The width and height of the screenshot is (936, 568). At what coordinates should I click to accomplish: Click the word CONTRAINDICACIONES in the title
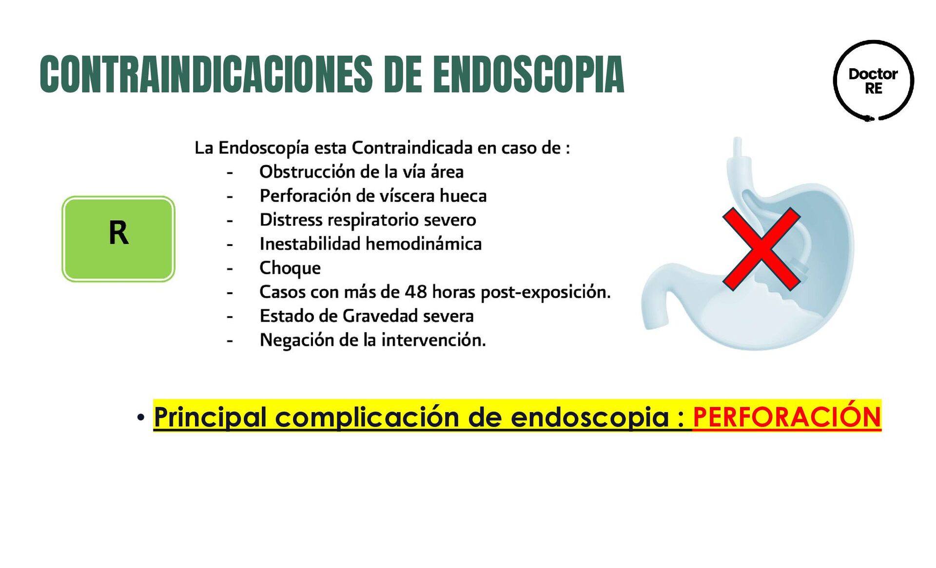coord(206,74)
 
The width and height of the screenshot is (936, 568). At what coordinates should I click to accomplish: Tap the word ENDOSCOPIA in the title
coord(528,74)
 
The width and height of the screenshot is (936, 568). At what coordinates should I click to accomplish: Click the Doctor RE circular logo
coord(873,80)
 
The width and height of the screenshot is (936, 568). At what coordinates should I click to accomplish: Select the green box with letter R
coord(118,239)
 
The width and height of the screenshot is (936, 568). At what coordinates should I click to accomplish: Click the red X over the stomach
coord(761,249)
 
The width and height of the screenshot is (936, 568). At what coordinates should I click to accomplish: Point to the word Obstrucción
coord(307,172)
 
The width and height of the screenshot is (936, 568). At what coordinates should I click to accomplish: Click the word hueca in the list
coord(463,196)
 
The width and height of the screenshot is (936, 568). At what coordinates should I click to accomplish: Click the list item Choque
coord(290,268)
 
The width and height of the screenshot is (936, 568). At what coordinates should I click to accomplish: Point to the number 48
coord(416,292)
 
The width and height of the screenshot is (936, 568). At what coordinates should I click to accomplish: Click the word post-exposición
coord(546,292)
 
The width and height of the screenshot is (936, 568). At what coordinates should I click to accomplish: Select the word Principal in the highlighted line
coord(210,417)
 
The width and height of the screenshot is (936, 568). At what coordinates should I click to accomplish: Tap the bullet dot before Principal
coord(141,417)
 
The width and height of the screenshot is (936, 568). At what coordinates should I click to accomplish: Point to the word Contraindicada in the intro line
coord(412,148)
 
